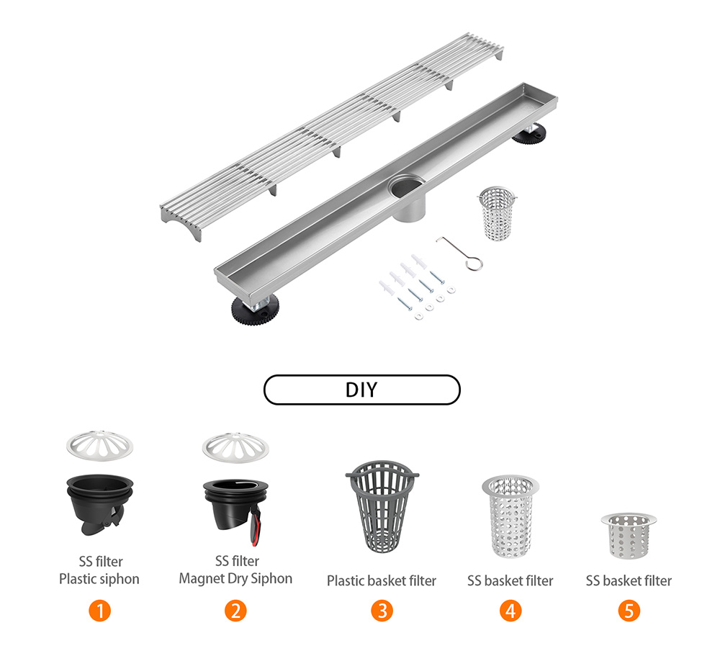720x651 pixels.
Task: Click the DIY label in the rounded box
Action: tap(361, 390)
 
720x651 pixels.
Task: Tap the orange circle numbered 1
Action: tap(99, 611)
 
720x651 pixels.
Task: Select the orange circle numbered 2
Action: tap(235, 611)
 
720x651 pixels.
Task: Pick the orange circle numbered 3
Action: tap(382, 611)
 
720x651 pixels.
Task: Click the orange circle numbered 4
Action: tap(510, 611)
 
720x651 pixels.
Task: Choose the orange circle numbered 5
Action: tap(629, 611)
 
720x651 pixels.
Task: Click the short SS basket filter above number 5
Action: tap(629, 535)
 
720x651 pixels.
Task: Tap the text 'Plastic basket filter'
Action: tap(382, 580)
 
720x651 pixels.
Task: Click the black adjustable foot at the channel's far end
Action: tap(534, 134)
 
